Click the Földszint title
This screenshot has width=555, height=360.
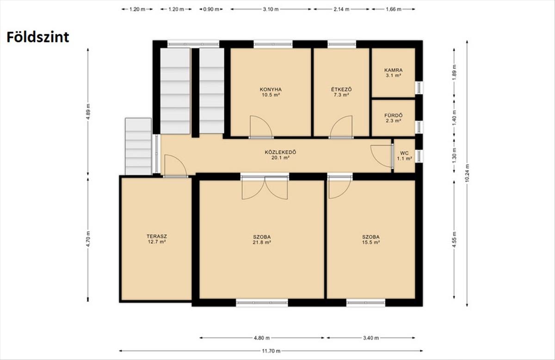(37, 37)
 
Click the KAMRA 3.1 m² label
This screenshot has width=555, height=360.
(393, 73)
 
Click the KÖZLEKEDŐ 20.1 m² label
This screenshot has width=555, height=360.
(280, 155)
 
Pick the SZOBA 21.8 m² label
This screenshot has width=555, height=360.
(262, 240)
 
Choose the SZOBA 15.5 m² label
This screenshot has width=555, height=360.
(370, 240)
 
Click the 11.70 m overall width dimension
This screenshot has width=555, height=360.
(271, 351)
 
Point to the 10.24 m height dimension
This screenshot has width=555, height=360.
(467, 173)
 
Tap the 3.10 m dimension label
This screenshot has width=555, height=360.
(271, 9)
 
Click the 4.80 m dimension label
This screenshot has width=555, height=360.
(262, 338)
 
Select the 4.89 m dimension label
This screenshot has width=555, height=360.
(88, 112)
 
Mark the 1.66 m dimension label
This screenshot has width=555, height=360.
(394, 9)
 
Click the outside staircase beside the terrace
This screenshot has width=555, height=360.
(138, 146)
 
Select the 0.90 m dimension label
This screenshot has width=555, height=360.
(211, 9)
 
